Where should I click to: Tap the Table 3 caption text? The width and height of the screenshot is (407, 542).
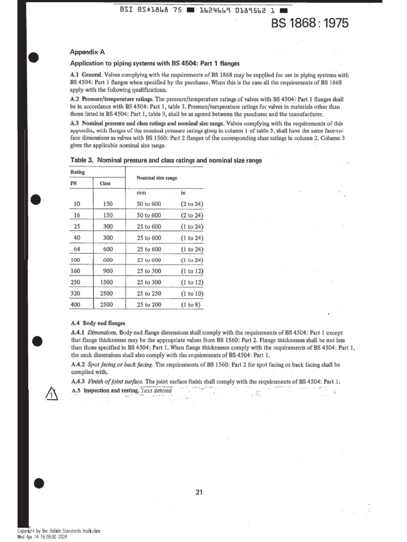[x=165, y=160]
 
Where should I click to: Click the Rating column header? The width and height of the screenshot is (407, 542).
[x=77, y=171]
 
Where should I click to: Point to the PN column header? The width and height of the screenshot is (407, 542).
[x=74, y=183]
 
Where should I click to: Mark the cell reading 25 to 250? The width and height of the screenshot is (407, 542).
[x=148, y=294]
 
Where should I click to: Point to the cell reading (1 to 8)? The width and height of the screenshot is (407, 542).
[x=191, y=305]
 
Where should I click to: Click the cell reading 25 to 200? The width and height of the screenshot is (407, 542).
[x=148, y=305]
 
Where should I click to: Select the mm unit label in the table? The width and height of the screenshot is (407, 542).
[x=140, y=193]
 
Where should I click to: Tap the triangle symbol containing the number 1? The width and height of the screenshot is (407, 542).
[x=49, y=394]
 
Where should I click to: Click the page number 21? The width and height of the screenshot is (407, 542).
[x=199, y=492]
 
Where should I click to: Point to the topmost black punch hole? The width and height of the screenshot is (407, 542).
[x=34, y=58]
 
